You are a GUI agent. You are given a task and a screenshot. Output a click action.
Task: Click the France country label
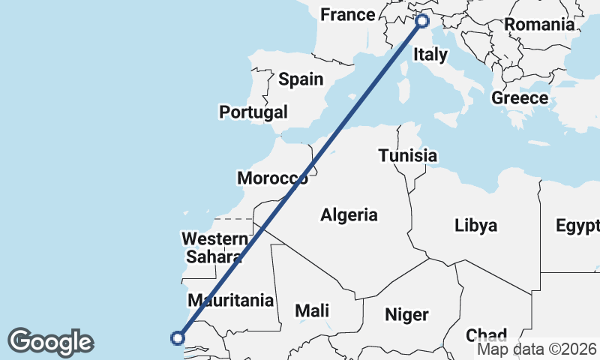point(347,15)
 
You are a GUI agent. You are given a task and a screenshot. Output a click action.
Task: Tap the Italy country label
point(430,54)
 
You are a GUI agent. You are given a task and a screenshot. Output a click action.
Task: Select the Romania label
point(539,24)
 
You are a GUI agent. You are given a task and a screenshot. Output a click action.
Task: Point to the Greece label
point(520,98)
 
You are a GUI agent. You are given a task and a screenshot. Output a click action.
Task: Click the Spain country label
point(301,79)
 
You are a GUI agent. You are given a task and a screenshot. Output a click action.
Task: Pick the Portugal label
point(253,112)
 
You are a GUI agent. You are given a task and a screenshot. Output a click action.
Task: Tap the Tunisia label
point(407,156)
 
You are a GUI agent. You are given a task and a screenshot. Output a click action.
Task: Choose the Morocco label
point(272,178)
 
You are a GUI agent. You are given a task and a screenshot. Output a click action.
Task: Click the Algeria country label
point(349,215)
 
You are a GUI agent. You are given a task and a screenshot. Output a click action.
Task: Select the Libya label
point(475,225)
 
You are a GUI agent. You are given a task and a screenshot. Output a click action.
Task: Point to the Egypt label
point(577,225)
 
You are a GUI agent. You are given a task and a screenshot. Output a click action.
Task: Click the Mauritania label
point(230,301)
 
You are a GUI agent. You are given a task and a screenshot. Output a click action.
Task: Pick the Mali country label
point(312,310)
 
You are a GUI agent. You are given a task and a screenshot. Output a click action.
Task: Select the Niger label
point(406,314)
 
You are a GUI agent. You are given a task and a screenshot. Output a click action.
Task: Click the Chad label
point(486,334)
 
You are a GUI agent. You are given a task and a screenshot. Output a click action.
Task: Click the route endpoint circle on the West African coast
point(178,337)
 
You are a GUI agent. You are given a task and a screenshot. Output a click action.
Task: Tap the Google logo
point(50,341)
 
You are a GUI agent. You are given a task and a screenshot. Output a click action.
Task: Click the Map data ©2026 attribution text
point(536,349)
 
